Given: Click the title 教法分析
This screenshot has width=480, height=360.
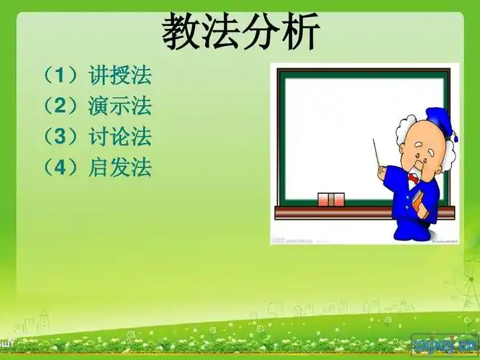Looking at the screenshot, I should tap(240, 32).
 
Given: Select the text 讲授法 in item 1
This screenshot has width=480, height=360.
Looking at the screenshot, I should tap(120, 75).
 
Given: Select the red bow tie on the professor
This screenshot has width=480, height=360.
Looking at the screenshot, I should tap(413, 176).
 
